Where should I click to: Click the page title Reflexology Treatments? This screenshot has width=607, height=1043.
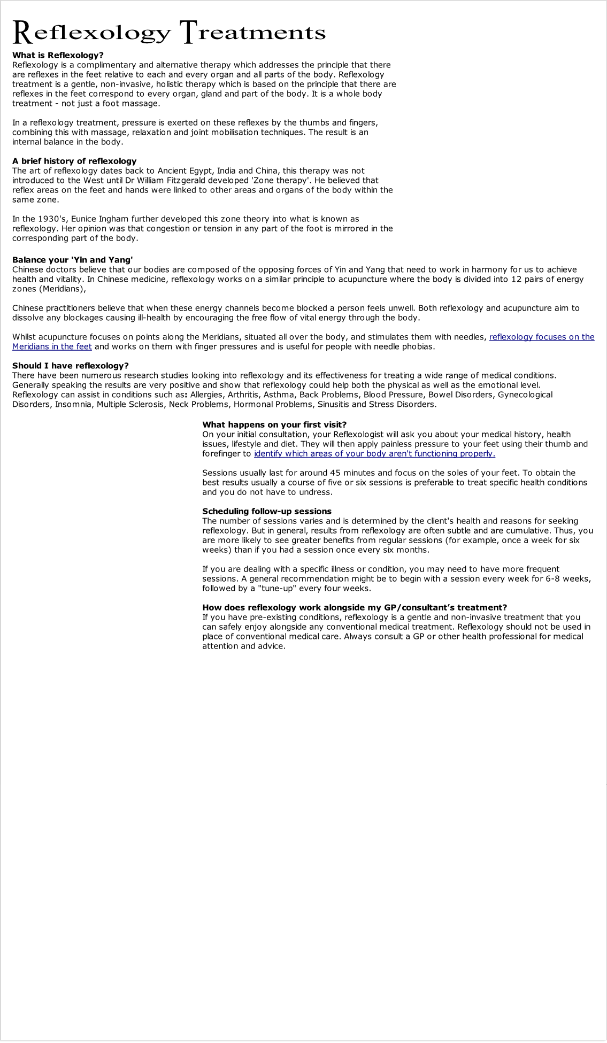[x=168, y=32]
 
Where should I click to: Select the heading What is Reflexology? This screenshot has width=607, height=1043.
[x=58, y=55]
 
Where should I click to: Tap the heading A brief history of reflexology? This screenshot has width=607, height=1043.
[x=74, y=161]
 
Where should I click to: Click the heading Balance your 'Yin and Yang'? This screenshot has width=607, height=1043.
[x=72, y=260]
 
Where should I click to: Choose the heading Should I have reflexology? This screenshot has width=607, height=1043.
[x=71, y=366]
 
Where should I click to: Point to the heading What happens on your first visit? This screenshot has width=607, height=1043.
[x=274, y=424]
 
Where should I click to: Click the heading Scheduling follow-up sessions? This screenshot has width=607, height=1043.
[x=267, y=511]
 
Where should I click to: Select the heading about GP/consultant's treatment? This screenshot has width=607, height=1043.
[x=354, y=607]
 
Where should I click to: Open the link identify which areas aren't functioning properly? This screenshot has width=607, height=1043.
[x=374, y=454]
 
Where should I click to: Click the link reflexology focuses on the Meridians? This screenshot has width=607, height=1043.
[x=541, y=337]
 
